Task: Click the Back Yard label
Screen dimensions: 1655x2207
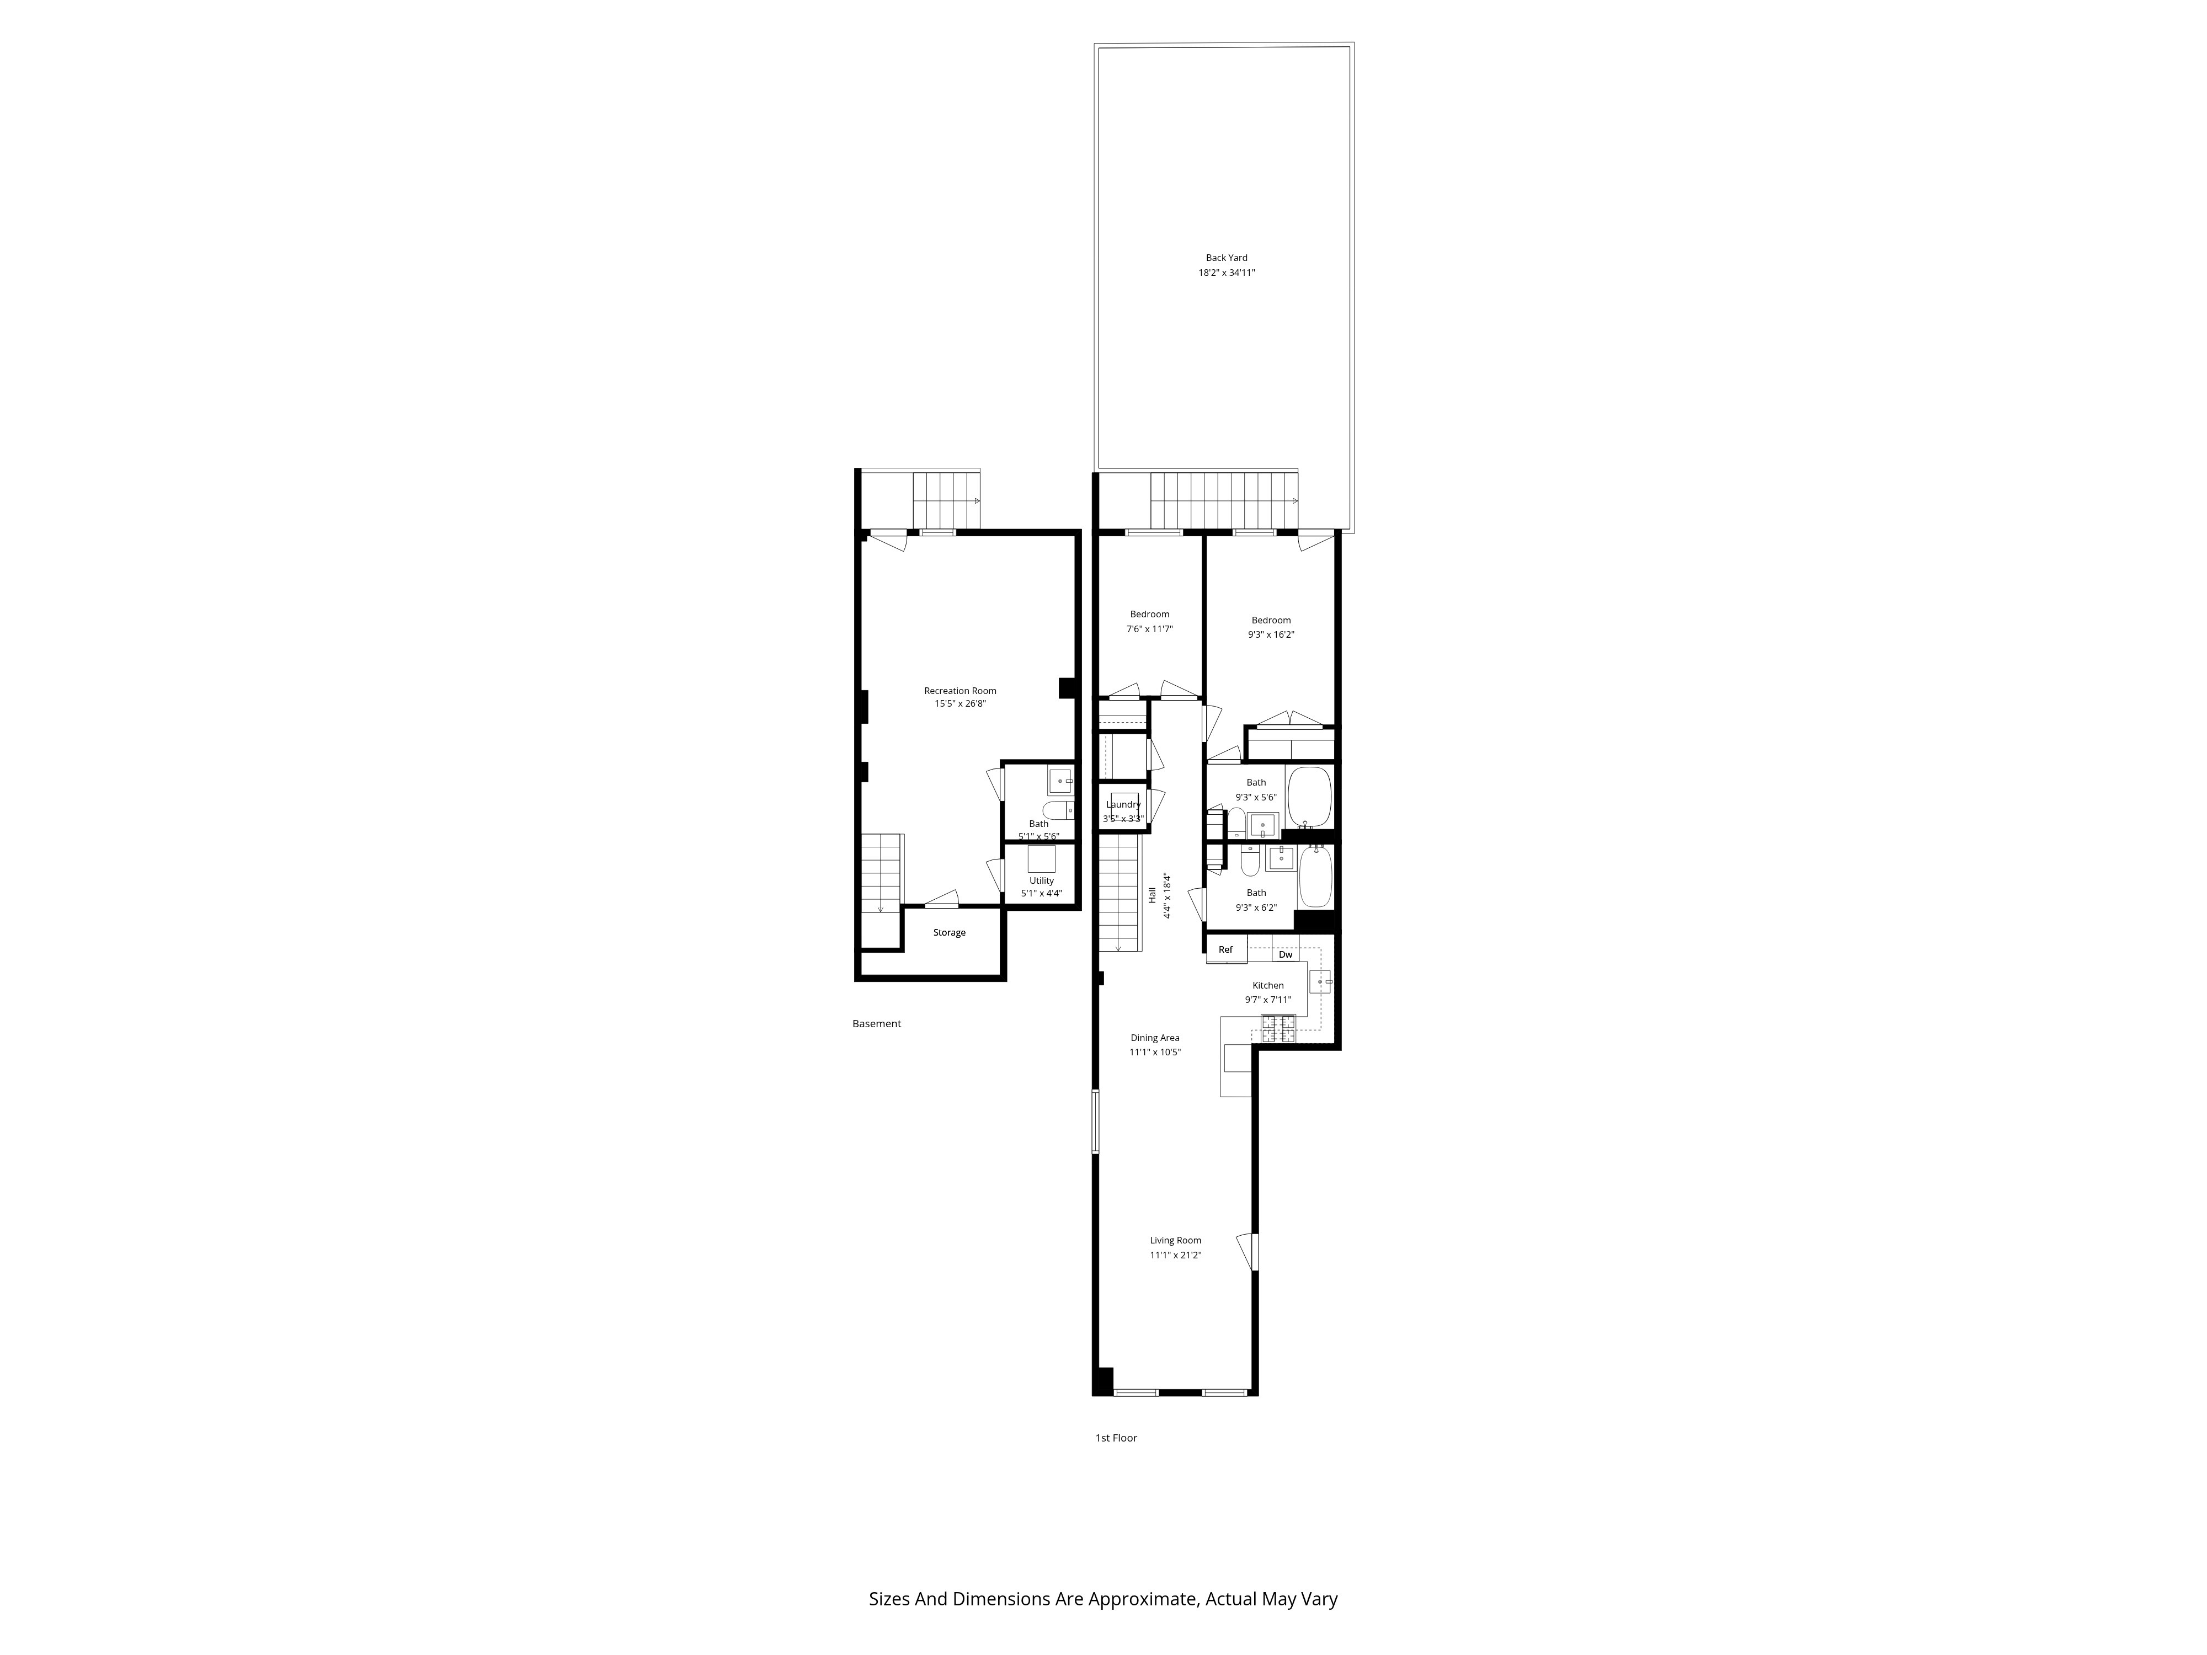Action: (1226, 258)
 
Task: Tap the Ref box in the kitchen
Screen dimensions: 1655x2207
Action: (1225, 950)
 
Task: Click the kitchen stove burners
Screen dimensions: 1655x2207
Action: (1278, 1028)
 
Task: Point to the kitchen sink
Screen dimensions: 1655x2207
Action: (1319, 983)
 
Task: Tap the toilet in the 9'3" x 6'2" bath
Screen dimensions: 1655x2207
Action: (1249, 860)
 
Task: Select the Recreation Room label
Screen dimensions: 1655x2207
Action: (960, 690)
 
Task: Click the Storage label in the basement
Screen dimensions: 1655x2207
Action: (949, 933)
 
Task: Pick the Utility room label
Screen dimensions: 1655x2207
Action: (1042, 881)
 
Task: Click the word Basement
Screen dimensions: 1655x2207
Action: (876, 1023)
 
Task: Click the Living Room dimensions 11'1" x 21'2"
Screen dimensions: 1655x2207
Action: (1175, 1255)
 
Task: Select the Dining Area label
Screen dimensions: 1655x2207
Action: (1154, 1038)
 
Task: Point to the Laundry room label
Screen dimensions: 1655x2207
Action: (1123, 804)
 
